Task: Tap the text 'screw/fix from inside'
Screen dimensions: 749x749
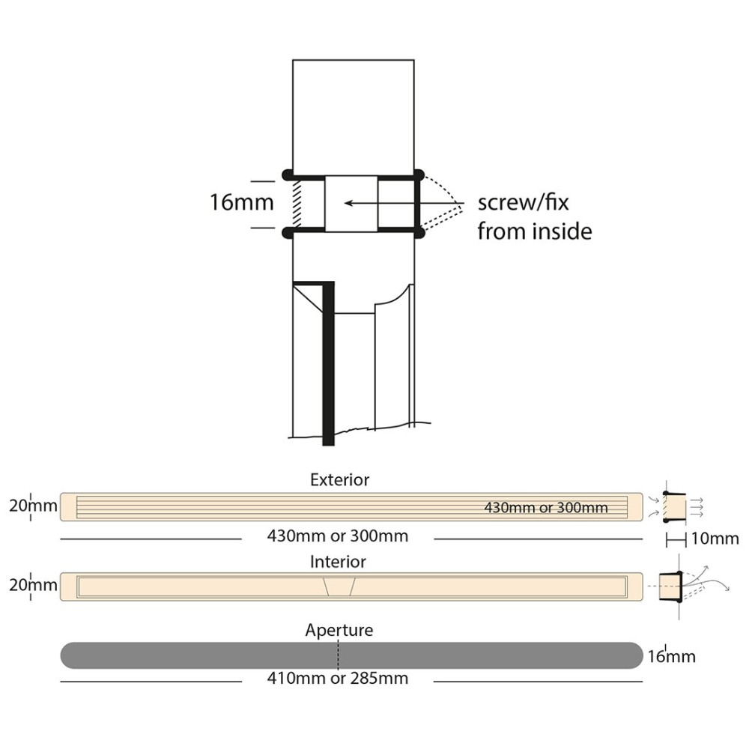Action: (534, 217)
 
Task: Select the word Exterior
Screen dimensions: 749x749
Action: (339, 479)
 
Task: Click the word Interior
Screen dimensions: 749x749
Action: (338, 561)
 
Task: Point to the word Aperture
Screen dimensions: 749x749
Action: (339, 631)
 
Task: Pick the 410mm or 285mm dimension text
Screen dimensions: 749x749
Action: (338, 679)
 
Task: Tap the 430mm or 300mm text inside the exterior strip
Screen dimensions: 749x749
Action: (545, 508)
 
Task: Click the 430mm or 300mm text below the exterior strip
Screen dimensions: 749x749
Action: (338, 536)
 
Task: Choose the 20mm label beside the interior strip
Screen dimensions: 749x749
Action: (33, 585)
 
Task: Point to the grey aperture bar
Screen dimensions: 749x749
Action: (225, 655)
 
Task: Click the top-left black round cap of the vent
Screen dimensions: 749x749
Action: (288, 175)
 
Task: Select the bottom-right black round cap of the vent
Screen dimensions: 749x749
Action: (419, 233)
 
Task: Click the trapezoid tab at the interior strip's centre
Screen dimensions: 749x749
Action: (339, 586)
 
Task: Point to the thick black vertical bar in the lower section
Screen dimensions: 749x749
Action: (327, 367)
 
